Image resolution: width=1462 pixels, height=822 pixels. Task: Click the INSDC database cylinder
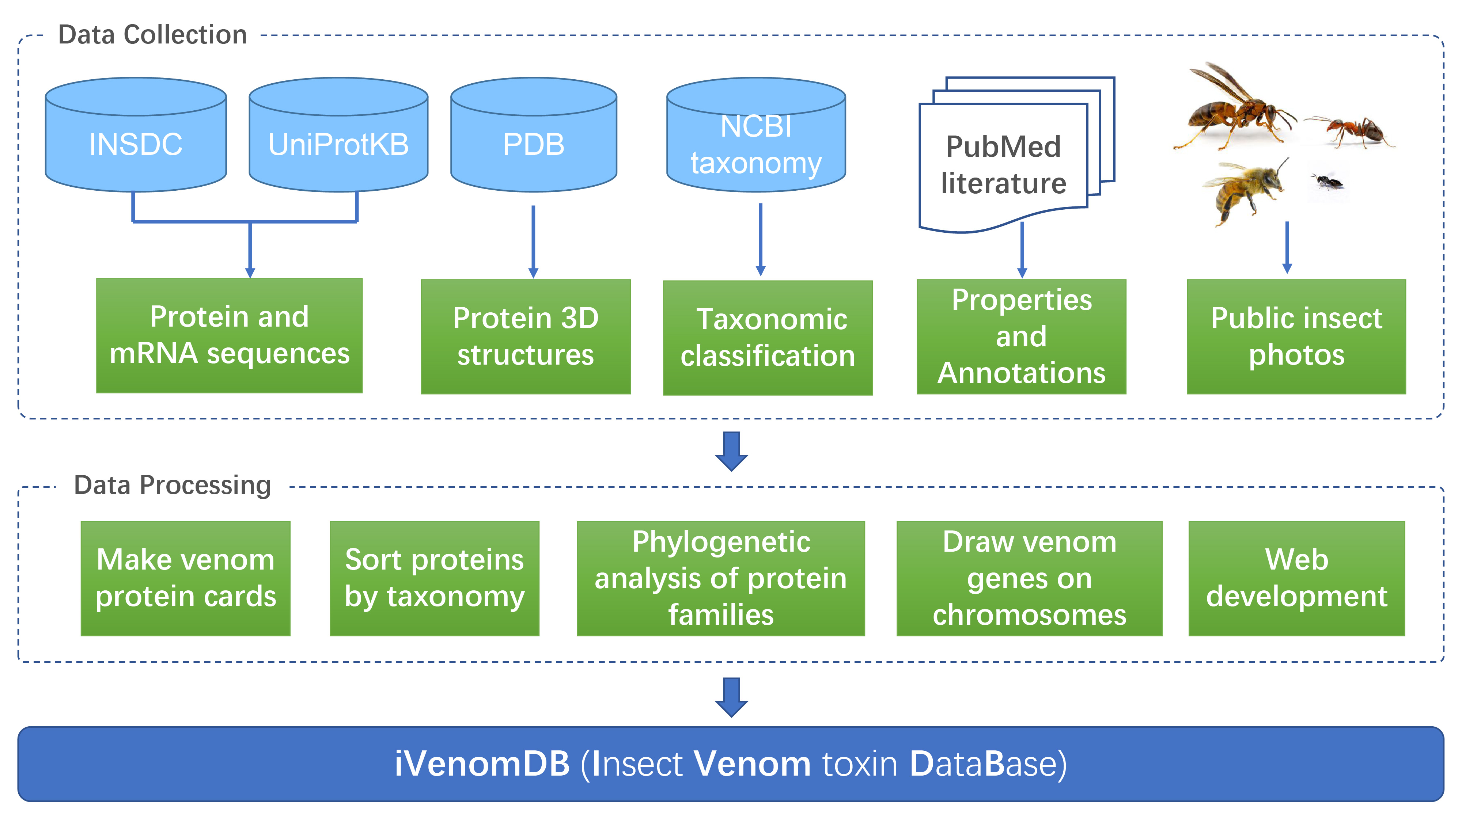point(136,135)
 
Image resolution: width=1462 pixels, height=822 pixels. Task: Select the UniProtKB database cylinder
point(338,135)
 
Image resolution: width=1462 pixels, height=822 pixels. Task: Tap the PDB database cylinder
point(534,135)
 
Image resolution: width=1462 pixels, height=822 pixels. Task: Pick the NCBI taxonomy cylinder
point(756,135)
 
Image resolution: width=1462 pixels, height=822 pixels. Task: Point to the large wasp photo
point(1234,108)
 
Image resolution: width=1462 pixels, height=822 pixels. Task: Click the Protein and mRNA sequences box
point(229,335)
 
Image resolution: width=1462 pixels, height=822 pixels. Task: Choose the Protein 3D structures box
point(526,336)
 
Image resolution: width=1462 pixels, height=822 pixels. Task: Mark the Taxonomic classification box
point(768,338)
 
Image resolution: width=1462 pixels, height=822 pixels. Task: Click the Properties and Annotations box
point(1022,336)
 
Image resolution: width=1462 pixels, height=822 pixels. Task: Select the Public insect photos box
point(1296,336)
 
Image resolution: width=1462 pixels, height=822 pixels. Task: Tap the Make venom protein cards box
point(186,578)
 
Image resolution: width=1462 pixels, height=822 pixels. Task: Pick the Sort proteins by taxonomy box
point(434,578)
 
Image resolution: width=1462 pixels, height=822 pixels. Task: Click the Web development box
point(1297,578)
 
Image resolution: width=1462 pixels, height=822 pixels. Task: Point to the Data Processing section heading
point(173,486)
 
